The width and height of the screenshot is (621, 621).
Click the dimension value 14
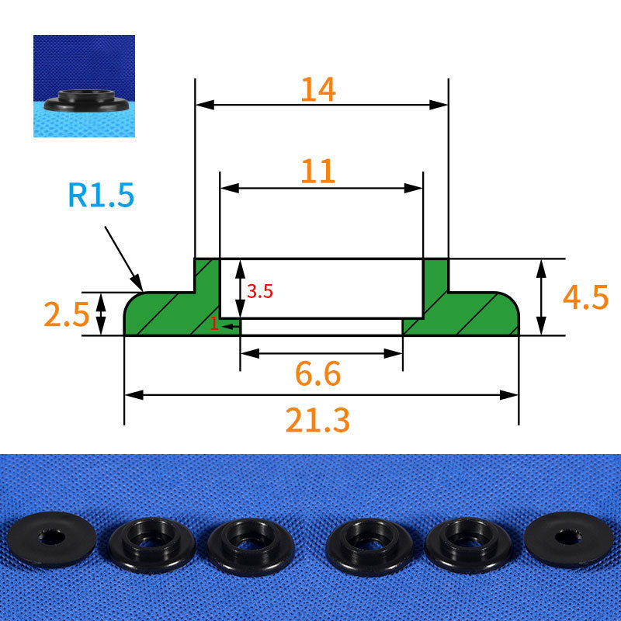[318, 89]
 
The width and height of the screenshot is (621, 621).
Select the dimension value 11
[318, 172]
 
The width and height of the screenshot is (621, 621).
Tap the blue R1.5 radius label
[101, 195]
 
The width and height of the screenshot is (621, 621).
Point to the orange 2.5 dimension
[66, 314]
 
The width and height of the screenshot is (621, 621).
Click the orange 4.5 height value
[585, 297]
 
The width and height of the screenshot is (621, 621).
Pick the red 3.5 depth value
[260, 292]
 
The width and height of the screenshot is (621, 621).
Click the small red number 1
[214, 324]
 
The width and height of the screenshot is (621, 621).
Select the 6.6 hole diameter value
[318, 373]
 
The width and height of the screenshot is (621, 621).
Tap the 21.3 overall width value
[317, 420]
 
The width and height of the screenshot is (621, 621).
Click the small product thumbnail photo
[84, 86]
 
